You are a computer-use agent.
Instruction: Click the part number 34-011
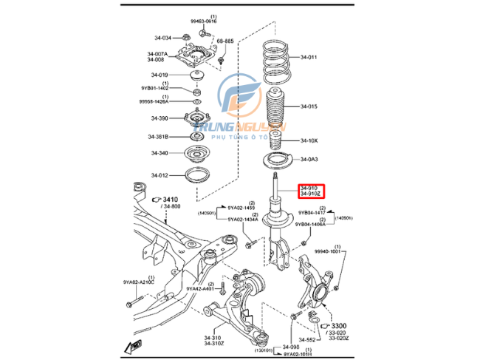click(x=309, y=57)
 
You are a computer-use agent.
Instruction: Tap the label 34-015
click(x=309, y=106)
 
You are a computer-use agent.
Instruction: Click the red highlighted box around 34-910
click(x=310, y=192)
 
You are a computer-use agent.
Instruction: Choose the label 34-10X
click(x=309, y=140)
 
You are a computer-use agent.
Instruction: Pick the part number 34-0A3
click(x=309, y=160)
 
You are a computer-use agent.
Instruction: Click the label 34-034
click(x=161, y=38)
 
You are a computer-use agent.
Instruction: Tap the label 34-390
click(x=160, y=118)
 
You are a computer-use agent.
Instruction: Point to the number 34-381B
click(x=160, y=137)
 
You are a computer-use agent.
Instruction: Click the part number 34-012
click(x=160, y=175)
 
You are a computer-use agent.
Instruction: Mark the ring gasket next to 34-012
click(x=196, y=176)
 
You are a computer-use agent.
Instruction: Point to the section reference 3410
click(x=170, y=199)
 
